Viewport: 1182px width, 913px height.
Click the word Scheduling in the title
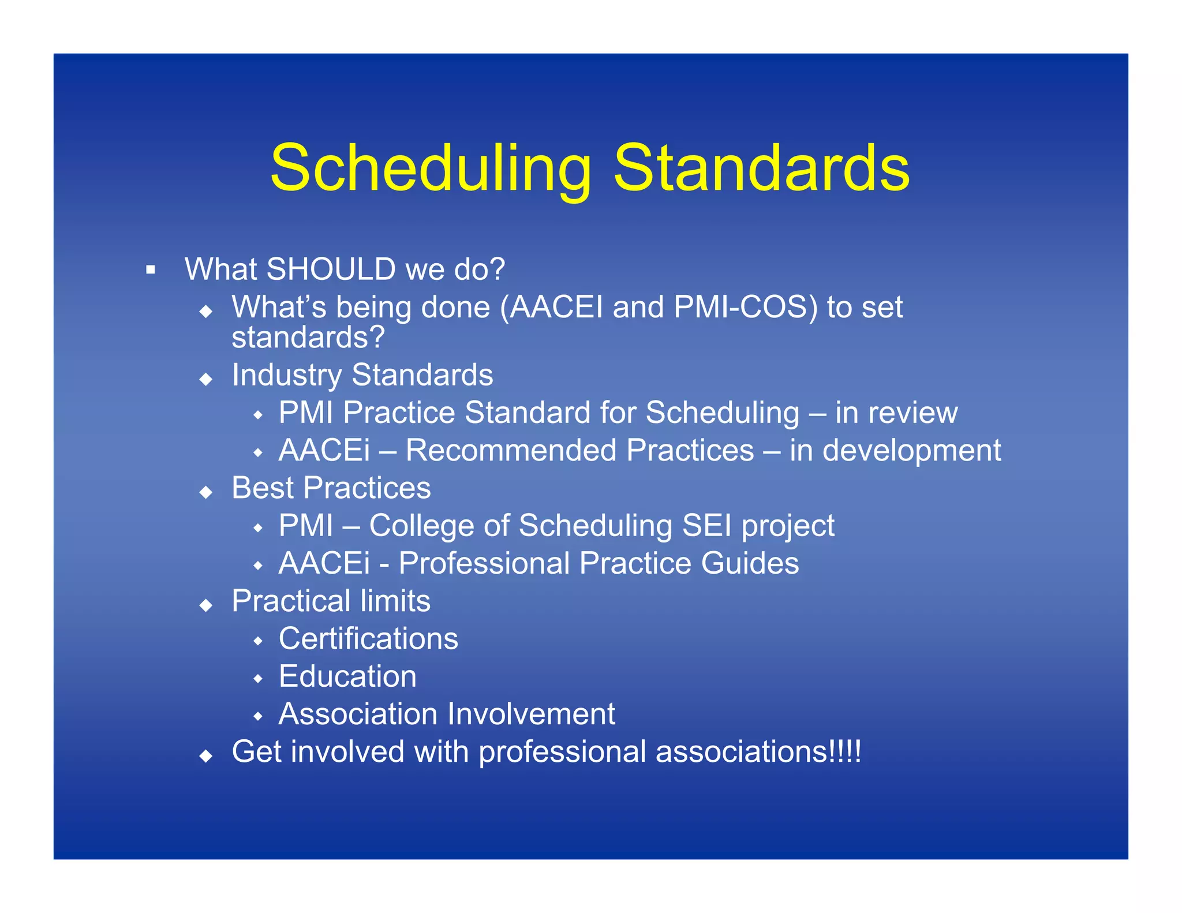431,169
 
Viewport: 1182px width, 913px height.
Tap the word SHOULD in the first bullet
331,270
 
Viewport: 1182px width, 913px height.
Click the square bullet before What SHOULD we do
151,270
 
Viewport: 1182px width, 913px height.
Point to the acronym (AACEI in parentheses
551,307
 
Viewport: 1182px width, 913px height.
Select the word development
912,451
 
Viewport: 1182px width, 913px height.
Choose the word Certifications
368,639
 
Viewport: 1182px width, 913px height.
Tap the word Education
347,676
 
